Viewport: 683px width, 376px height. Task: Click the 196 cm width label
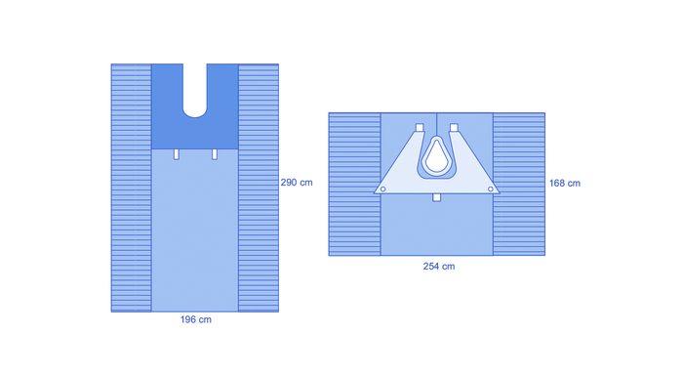[196, 320]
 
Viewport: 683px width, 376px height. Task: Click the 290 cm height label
[297, 183]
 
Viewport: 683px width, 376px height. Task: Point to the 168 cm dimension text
[564, 183]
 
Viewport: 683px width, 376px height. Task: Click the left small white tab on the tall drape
[177, 154]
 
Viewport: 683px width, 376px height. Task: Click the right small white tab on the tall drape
[214, 154]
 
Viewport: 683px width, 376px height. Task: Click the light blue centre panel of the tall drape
[195, 234]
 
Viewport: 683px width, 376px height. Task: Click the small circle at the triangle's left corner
[383, 188]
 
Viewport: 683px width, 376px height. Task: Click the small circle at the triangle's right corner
[490, 188]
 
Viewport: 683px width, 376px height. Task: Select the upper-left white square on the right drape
[419, 128]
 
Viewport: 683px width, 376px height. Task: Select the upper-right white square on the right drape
[455, 128]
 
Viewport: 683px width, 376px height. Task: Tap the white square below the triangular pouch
[436, 198]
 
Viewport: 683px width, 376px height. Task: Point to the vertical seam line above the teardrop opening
[436, 124]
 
